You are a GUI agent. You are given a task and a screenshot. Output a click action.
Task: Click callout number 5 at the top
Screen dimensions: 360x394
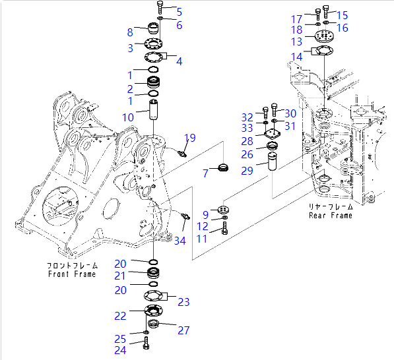point(179,11)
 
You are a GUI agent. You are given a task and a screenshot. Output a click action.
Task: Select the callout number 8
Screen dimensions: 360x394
point(130,32)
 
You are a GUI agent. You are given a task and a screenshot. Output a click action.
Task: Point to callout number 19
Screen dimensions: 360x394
point(190,138)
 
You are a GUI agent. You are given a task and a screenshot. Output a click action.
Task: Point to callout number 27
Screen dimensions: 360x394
point(183,330)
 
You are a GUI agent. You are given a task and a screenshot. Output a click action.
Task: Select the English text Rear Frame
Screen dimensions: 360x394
point(330,216)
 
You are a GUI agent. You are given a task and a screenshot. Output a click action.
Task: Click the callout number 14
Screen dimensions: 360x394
point(297,57)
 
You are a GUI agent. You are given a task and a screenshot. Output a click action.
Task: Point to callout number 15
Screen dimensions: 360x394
point(343,15)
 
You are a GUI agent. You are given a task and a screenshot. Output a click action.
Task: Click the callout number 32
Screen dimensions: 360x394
point(247,116)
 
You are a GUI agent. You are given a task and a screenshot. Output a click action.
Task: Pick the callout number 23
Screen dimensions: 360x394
point(183,302)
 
